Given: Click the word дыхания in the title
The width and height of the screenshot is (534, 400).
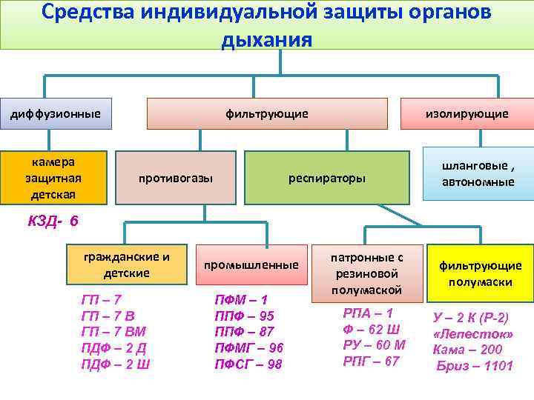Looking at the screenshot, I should point(266,39).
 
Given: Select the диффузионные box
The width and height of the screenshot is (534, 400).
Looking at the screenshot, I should point(56,113).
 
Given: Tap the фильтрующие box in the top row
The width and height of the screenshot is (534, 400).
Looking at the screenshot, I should point(267,113).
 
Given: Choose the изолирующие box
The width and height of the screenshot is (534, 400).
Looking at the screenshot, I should point(467,113).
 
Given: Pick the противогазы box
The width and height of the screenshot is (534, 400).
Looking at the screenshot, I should point(177,179).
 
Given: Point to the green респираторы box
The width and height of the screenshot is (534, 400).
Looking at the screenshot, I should point(326,179).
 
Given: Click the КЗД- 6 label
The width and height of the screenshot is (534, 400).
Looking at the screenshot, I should point(53,221).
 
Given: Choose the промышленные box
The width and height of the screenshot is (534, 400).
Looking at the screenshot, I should point(252,264).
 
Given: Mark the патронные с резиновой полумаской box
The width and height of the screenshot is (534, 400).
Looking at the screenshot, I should point(367,273).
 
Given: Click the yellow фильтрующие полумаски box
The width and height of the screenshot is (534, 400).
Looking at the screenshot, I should point(481,273).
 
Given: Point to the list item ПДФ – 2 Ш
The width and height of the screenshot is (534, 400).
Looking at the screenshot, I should point(116,364).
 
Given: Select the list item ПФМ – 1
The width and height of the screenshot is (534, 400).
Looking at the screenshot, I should point(241,300).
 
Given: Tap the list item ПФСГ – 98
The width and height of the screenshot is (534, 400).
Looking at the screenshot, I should point(248,364).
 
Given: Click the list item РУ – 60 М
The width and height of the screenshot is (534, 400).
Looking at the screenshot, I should point(375,344).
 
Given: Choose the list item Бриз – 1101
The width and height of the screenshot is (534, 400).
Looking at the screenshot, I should point(475,366).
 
